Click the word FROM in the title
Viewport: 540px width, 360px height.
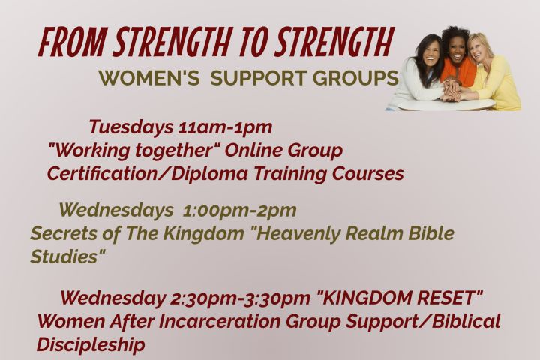click(71, 43)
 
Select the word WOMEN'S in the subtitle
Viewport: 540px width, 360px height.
click(149, 77)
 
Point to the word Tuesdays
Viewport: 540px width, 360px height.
click(130, 127)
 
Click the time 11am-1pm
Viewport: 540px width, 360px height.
click(225, 127)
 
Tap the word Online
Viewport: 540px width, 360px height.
click(253, 150)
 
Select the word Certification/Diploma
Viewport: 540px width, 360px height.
click(147, 173)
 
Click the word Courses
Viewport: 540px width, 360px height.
click(367, 174)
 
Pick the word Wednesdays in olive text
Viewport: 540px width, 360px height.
click(116, 211)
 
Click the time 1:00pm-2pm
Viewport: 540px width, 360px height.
click(239, 211)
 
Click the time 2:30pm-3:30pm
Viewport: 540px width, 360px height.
click(240, 298)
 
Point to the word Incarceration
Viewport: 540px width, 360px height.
click(220, 322)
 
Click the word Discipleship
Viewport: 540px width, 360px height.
click(91, 344)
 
